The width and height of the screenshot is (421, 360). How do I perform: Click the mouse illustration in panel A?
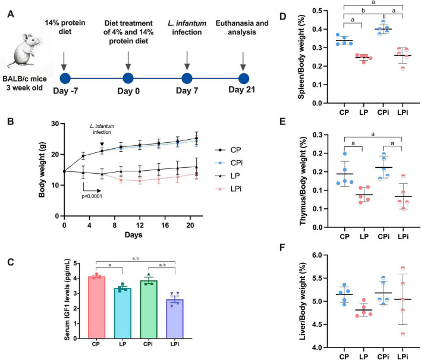(25, 51)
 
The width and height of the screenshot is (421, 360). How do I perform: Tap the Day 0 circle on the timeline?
(128, 79)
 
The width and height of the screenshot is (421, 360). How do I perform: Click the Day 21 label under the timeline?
(241, 90)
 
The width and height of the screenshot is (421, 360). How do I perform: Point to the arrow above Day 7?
(187, 61)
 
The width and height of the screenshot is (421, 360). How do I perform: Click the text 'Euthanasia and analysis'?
(242, 28)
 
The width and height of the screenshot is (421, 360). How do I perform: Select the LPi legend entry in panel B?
(228, 189)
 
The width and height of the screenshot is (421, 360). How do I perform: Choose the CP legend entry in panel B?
(228, 150)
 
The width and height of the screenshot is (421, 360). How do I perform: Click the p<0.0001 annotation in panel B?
(92, 196)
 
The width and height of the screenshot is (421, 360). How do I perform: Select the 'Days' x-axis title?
(133, 235)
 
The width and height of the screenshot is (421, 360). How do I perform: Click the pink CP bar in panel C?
(96, 308)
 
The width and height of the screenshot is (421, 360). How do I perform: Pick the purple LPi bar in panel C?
(175, 319)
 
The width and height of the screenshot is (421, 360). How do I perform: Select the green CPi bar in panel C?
(149, 309)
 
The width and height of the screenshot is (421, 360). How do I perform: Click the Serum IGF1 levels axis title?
(67, 299)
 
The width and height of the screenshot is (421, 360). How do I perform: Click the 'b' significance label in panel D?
(363, 11)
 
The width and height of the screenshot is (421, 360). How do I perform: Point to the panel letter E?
(282, 122)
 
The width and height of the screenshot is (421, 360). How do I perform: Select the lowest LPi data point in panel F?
(403, 334)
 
